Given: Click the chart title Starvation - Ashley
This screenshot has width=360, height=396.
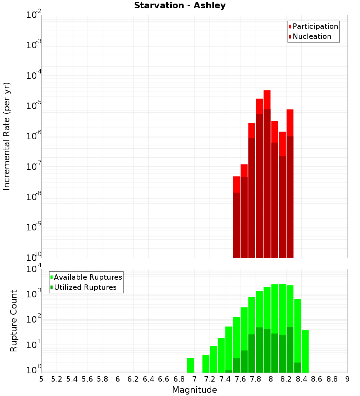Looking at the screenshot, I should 180,6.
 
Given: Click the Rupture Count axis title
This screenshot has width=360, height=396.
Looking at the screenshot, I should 14,320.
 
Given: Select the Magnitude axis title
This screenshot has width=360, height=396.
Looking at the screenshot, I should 194,390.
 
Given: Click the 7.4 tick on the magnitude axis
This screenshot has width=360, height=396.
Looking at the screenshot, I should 225,379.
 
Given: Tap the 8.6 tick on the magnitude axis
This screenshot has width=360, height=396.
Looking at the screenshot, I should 317,379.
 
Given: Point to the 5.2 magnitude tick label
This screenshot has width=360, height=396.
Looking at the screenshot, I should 57,379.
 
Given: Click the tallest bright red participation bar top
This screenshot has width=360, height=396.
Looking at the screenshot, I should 267,91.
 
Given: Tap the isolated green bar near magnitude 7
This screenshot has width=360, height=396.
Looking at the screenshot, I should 190,365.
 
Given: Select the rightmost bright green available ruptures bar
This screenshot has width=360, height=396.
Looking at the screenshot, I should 305,351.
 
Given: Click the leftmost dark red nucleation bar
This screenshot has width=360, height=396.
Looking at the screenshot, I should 236,225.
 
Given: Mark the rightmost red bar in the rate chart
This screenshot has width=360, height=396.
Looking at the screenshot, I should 290,122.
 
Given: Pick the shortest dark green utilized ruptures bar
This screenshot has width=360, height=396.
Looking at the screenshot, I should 229,371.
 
